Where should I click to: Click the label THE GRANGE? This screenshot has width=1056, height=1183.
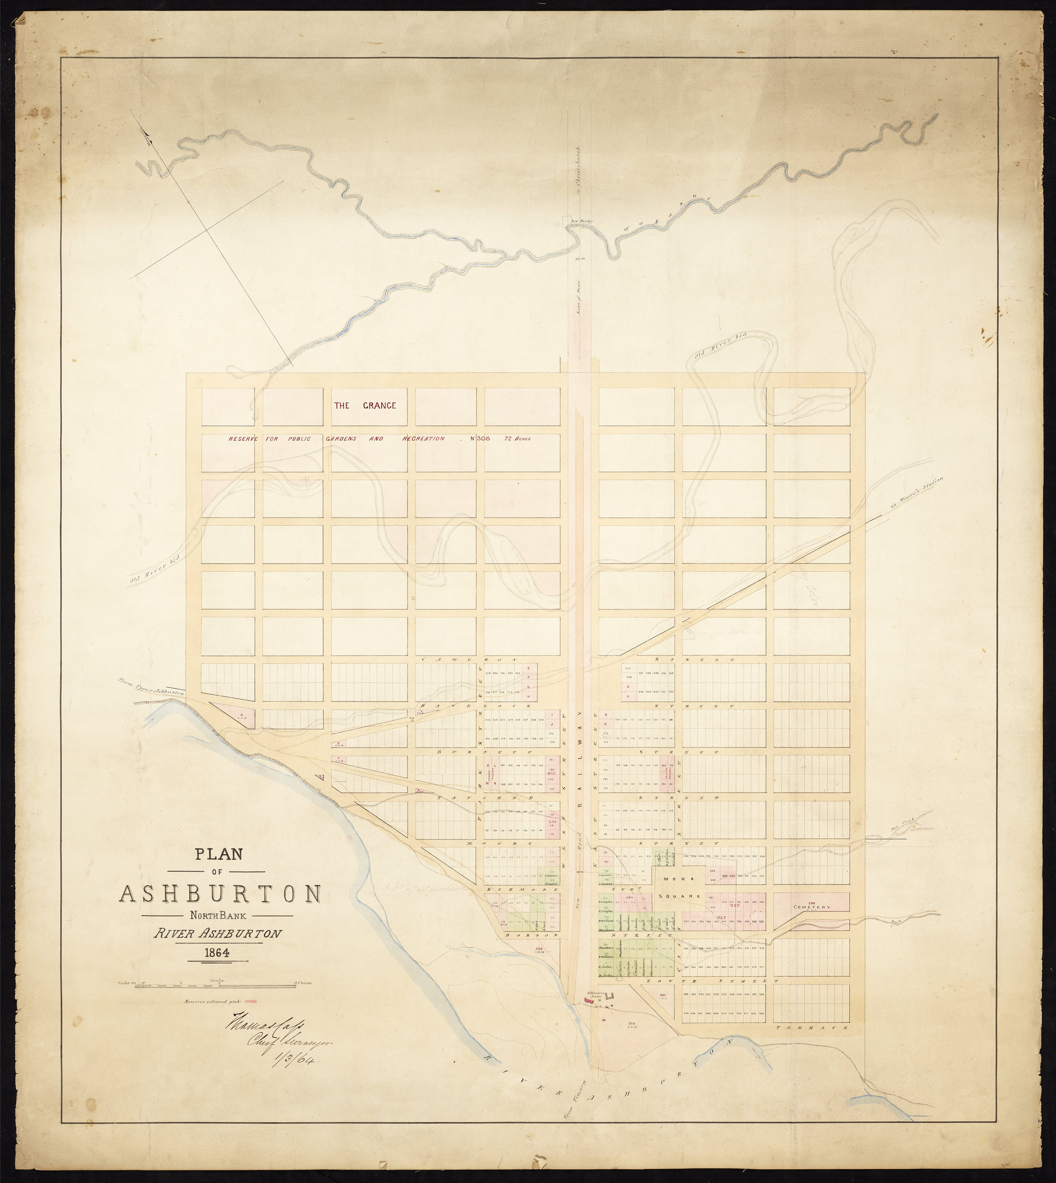tap(364, 405)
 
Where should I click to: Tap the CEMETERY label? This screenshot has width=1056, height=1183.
tap(814, 907)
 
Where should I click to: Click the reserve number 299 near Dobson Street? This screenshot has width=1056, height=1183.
tap(539, 948)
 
